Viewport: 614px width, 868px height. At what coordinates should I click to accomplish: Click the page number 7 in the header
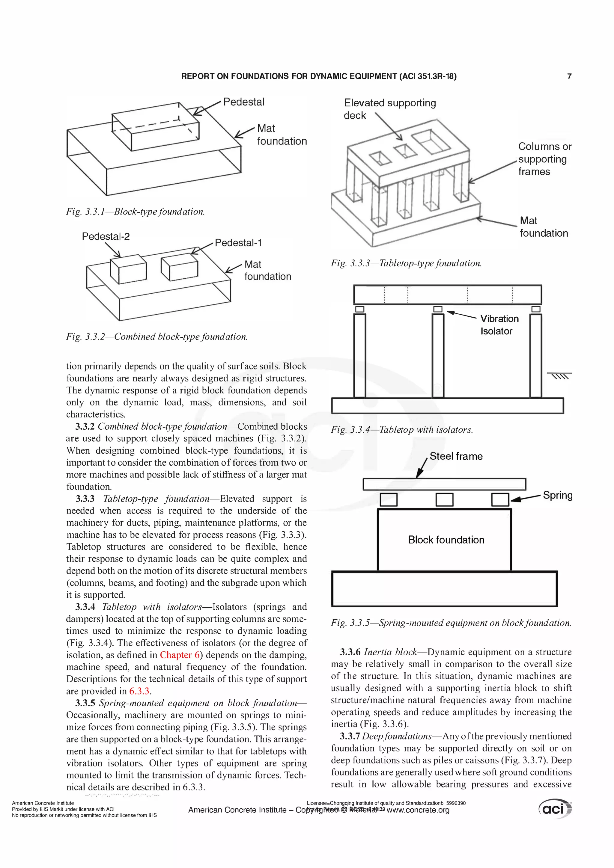point(569,76)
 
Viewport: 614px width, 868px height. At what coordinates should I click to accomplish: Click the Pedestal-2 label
point(106,237)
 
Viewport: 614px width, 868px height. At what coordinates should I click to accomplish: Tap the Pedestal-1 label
point(238,243)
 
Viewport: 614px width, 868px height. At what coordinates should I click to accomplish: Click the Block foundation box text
point(446,540)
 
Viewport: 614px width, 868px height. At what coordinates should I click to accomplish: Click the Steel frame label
point(456,456)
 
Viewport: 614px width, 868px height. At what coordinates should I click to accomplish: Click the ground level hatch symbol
point(559,376)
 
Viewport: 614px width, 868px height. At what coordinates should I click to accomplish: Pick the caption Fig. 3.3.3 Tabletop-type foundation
point(406,263)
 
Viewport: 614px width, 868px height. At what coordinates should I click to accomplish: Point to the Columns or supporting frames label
point(544,159)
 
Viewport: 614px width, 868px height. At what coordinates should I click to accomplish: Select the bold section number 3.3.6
point(350,652)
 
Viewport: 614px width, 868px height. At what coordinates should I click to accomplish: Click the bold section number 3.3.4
point(85,607)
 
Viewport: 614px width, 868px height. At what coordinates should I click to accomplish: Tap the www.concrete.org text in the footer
point(418,810)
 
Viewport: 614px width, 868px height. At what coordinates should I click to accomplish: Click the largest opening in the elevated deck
point(431,141)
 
